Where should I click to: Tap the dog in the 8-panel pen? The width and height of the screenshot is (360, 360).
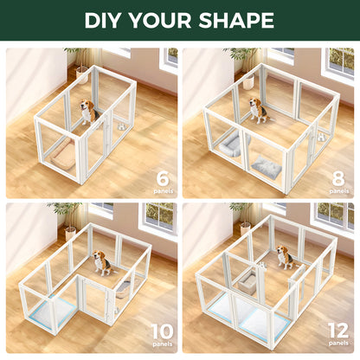coord(256,111)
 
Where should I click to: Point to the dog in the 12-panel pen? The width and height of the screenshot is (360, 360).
coord(284,257)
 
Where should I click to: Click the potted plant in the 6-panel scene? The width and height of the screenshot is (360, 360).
coord(80,64)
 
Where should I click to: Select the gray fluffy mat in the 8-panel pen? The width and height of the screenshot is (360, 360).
coord(264,167)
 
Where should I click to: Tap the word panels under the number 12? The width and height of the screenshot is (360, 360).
coord(339,344)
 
